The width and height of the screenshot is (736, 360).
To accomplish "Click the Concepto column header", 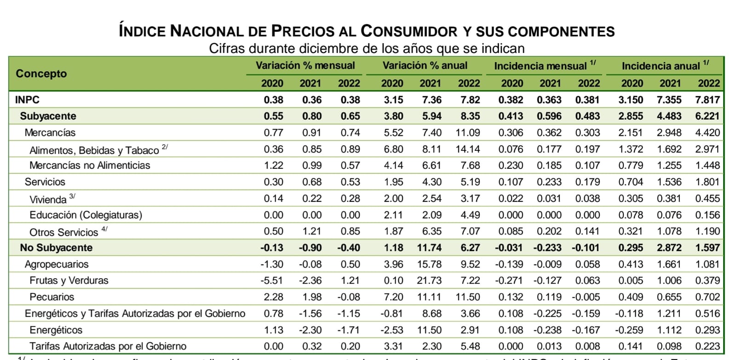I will pyautogui.click(x=41, y=74).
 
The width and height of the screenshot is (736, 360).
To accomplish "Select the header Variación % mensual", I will pyautogui.click(x=305, y=66).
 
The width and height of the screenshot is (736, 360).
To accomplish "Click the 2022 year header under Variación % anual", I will pyautogui.click(x=469, y=83).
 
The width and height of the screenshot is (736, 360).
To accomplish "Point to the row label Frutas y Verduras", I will pyautogui.click(x=69, y=280).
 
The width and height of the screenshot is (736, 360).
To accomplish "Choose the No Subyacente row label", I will pyautogui.click(x=56, y=248).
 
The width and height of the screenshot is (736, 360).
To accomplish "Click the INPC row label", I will pyautogui.click(x=27, y=100).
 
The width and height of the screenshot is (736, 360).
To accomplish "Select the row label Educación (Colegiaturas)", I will pyautogui.click(x=86, y=215).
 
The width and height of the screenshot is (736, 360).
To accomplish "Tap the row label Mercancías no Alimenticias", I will pyautogui.click(x=90, y=166).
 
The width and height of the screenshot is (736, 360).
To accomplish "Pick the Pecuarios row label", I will pyautogui.click(x=52, y=297).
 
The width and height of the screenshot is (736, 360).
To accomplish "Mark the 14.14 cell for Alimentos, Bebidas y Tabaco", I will pyautogui.click(x=468, y=149).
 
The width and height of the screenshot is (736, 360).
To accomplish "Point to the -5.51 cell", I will pyautogui.click(x=272, y=280).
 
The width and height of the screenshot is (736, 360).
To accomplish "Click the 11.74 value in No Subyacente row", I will pyautogui.click(x=429, y=248).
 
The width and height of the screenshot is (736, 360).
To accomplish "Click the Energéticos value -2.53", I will pyautogui.click(x=392, y=330).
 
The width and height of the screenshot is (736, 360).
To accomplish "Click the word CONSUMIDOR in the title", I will pyautogui.click(x=409, y=31).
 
